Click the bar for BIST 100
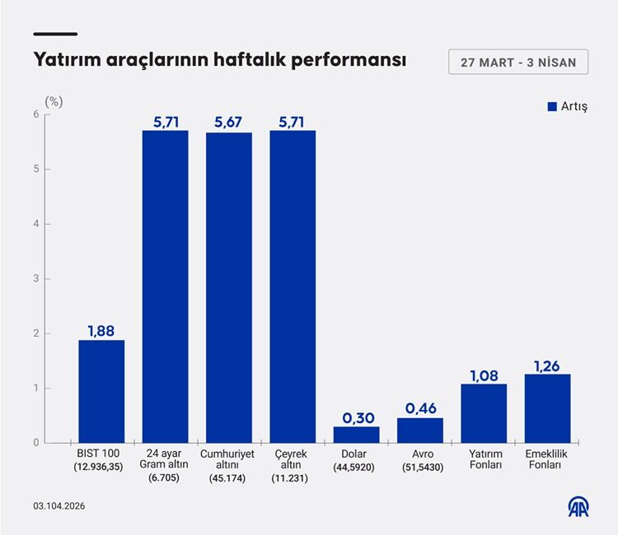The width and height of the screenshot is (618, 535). pos(101,391)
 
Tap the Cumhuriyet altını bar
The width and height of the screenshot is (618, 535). pos(229,287)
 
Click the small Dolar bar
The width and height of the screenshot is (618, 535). pos(356,435)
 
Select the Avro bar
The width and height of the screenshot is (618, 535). pos(420,430)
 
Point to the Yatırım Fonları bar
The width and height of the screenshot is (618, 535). pos(484,413)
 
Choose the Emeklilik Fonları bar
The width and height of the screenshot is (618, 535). pos(547,408)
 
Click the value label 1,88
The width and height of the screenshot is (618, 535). pos(101,330)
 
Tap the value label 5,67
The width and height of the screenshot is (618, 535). pos(229,122)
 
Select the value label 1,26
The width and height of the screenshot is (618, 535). pos(547,364)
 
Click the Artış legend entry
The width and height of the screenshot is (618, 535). pos(567,107)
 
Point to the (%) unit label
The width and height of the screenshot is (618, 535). pos(54,101)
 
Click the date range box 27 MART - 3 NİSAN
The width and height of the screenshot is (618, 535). pos(518,62)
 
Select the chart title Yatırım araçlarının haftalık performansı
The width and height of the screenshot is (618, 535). pos(219,61)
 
